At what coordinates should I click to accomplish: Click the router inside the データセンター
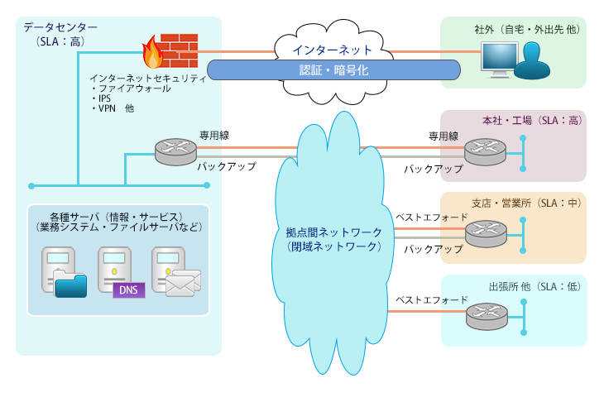coord(174,150)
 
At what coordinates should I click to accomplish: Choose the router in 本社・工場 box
coord(483,151)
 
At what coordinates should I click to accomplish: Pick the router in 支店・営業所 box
coord(483,233)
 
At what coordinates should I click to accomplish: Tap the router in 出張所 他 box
coord(483,314)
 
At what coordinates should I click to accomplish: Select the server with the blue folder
coord(65,271)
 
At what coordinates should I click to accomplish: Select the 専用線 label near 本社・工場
coord(443,136)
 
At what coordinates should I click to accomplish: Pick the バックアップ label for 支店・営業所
coord(433,248)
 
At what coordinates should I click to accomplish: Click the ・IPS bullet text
coord(104,98)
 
